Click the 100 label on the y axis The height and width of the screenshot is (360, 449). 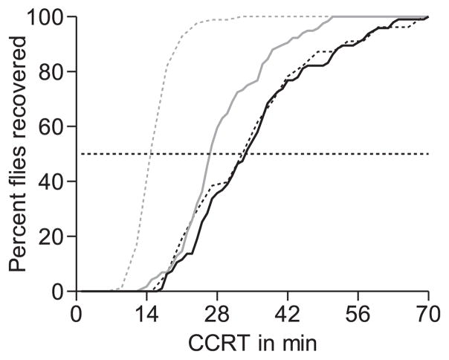pos(46,16)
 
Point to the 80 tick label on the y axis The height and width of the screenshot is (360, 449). pos(52,71)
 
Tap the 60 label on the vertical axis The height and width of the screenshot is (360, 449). pos(52,126)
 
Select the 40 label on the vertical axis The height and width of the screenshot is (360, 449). pos(52,181)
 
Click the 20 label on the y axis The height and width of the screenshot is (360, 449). pos(52,237)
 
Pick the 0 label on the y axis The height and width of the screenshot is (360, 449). pos(58,292)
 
